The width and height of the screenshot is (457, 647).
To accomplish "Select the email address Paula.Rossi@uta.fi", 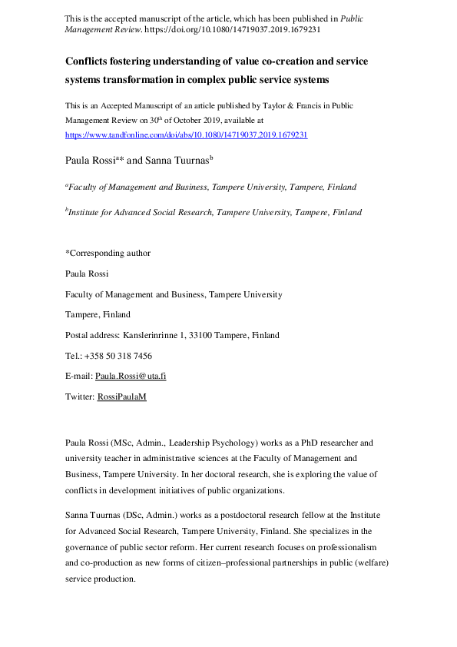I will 131,376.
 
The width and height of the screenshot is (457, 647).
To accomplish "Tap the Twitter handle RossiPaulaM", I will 121,396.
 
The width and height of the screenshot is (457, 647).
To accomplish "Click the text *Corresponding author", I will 108,253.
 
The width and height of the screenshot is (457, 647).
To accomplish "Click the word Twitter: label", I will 80,396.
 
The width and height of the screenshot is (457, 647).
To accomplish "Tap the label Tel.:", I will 74,356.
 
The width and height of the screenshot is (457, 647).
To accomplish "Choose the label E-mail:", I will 78,376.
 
